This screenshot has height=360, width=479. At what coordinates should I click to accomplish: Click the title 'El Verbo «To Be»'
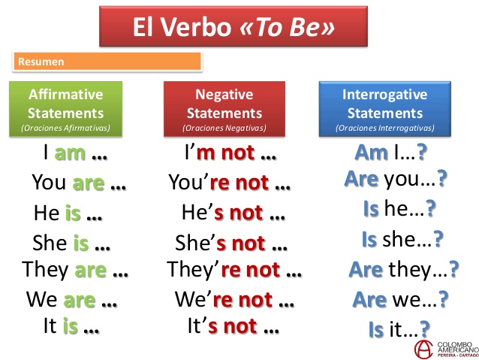pyautogui.click(x=233, y=29)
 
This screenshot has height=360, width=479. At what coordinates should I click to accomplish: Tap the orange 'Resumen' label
pyautogui.click(x=107, y=62)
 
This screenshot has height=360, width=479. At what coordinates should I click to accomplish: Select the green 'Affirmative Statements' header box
pyautogui.click(x=65, y=110)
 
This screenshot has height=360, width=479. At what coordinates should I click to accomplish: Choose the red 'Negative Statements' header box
pyautogui.click(x=224, y=110)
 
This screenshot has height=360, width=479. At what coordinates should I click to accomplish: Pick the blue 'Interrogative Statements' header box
pyautogui.click(x=385, y=110)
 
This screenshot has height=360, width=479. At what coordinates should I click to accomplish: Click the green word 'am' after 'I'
pyautogui.click(x=71, y=155)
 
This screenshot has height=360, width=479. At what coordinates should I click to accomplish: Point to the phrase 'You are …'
pyautogui.click(x=79, y=183)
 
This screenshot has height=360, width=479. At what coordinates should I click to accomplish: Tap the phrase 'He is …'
pyautogui.click(x=68, y=213)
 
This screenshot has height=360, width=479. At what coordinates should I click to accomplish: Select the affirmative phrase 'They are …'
pyautogui.click(x=76, y=269)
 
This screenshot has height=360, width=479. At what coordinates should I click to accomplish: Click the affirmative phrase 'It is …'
pyautogui.click(x=71, y=326)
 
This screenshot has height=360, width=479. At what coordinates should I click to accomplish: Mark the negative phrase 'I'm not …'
pyautogui.click(x=230, y=155)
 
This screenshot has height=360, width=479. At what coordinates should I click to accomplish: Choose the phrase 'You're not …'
pyautogui.click(x=230, y=183)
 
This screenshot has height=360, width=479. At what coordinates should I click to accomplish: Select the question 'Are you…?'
pyautogui.click(x=396, y=180)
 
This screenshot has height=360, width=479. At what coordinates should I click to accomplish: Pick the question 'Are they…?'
pyautogui.click(x=403, y=268)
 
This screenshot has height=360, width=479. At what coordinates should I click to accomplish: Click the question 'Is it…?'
pyautogui.click(x=399, y=328)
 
